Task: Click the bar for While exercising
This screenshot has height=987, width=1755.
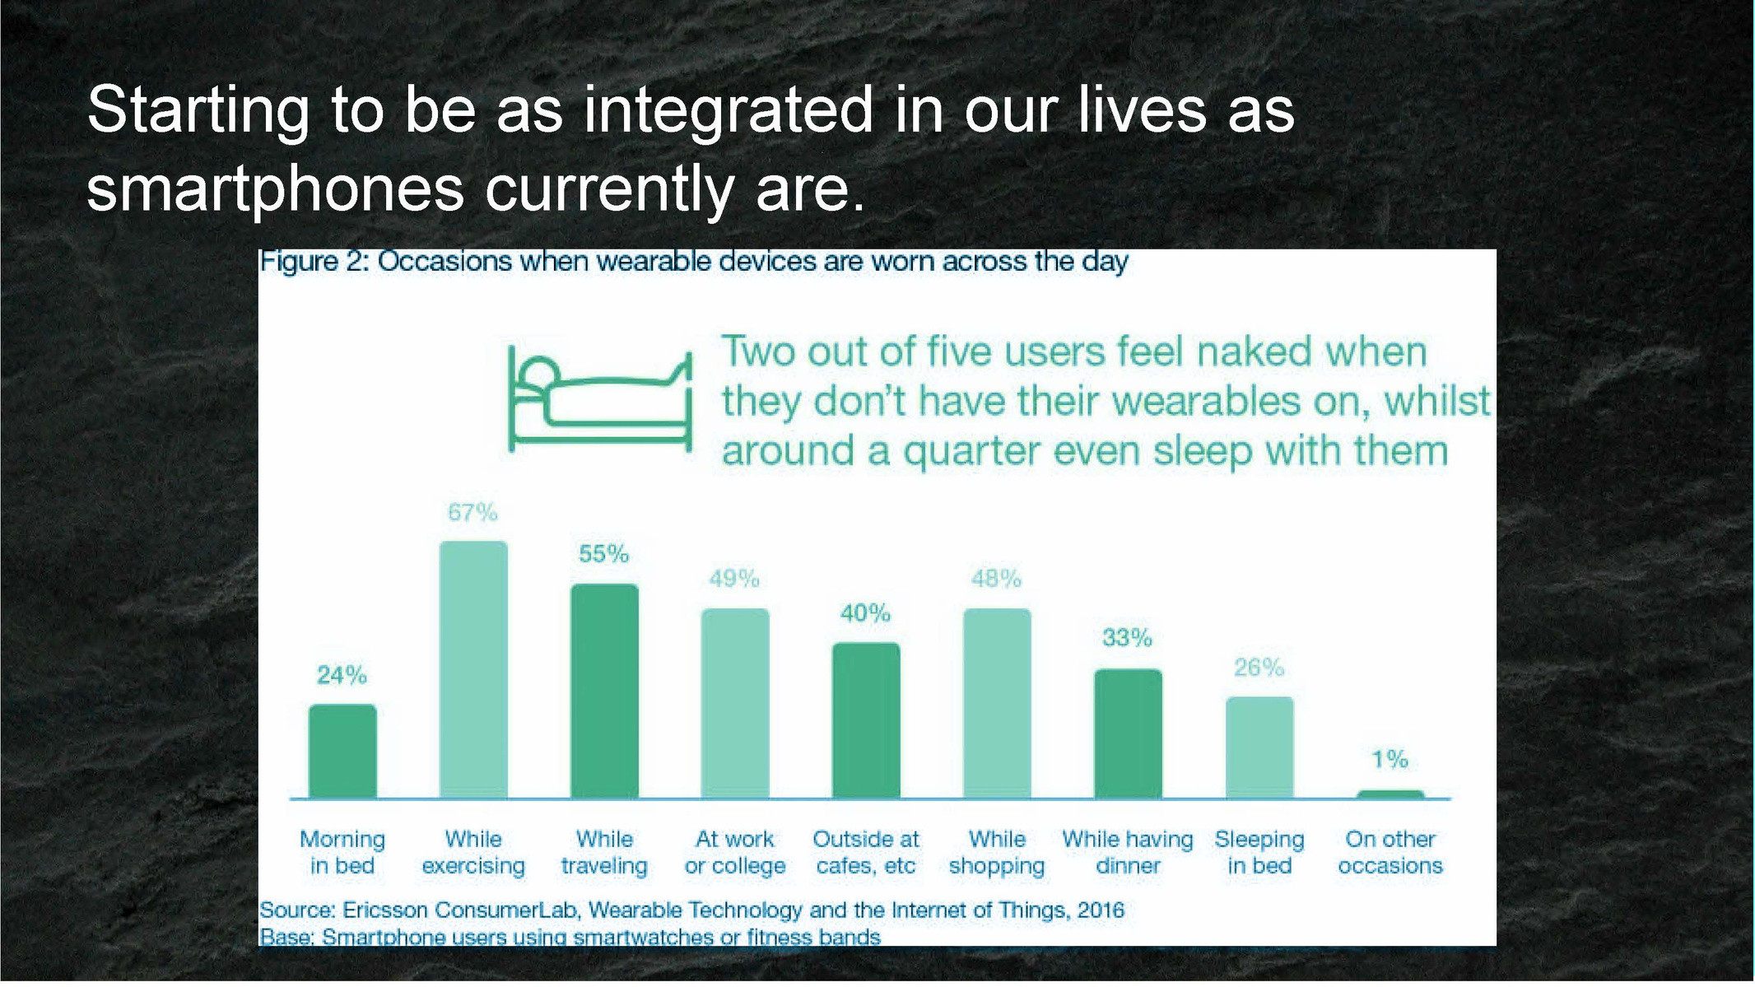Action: coord(473,669)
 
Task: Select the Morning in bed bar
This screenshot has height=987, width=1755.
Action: coord(342,751)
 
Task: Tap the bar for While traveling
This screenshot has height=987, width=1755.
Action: coord(604,691)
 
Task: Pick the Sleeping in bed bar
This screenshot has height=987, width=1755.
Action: coord(1259,747)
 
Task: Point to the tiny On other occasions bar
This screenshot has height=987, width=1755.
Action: coord(1390,794)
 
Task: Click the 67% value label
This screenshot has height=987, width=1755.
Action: coord(472,513)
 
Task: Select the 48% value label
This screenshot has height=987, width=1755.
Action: coord(996,579)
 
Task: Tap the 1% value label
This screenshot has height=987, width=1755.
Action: coord(1390,759)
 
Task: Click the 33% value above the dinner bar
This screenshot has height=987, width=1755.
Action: coord(1127,638)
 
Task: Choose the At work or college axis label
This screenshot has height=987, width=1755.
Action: coord(735,852)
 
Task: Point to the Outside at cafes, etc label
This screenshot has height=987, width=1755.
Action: coord(866,852)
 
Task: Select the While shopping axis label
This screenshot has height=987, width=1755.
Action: coord(997,852)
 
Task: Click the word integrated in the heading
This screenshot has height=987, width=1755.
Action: coord(728,111)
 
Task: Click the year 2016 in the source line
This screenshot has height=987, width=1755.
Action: coord(1100,910)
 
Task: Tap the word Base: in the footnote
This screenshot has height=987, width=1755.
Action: coord(286,937)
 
